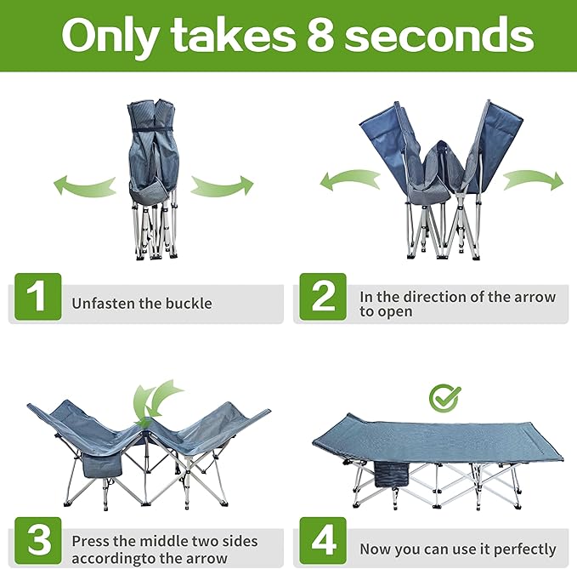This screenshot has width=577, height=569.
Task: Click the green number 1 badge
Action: click(x=38, y=297)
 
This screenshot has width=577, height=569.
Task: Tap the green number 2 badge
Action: click(x=323, y=297)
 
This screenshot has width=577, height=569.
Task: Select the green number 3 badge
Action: click(x=38, y=541)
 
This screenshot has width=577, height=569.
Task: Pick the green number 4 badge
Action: click(x=323, y=541)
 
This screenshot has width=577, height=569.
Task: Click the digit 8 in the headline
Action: click(x=320, y=36)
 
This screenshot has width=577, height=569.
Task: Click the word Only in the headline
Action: click(x=110, y=37)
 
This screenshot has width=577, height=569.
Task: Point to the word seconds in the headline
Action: click(x=439, y=36)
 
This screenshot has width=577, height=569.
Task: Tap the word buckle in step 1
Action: click(x=189, y=303)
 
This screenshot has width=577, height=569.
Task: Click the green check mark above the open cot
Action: click(x=445, y=398)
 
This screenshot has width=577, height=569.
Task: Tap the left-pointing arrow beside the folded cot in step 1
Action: click(x=85, y=185)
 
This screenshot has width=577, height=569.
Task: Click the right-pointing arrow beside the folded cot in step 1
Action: click(x=223, y=185)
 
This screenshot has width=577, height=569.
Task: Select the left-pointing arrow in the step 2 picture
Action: click(x=349, y=179)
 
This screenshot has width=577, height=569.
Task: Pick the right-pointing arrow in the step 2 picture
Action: click(x=533, y=179)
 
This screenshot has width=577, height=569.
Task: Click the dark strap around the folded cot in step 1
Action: click(x=151, y=129)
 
